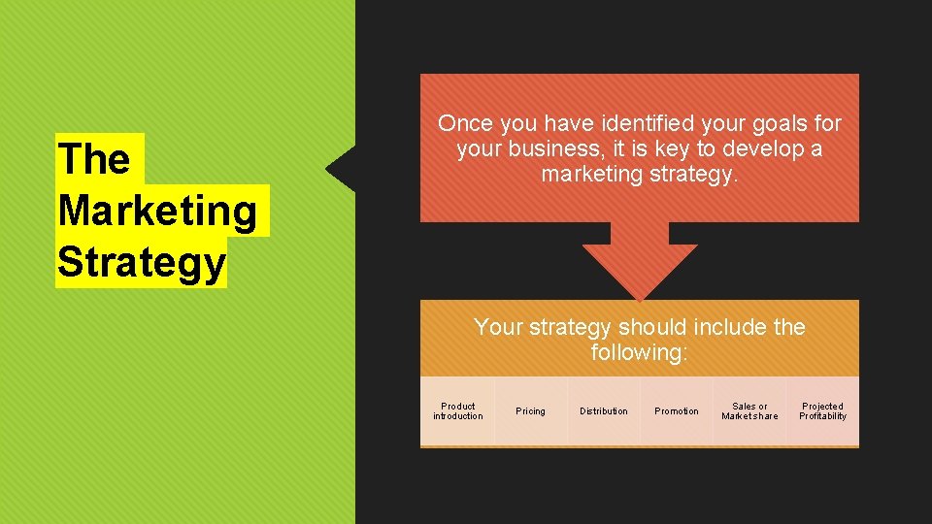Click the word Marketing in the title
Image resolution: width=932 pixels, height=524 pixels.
158,211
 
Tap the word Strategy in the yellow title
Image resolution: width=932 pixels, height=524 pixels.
142,263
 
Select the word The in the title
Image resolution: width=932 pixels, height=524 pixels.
94,159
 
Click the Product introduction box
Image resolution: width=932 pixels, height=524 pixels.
457,411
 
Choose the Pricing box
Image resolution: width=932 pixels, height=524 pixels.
530,411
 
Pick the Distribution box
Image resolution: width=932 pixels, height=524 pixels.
604,411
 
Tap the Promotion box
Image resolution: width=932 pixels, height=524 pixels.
677,411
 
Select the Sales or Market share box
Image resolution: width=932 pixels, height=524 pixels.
749,411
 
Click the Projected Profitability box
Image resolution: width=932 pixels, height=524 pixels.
822,411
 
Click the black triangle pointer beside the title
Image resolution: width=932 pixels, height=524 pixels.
343,169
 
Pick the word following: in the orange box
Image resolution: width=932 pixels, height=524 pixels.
639,352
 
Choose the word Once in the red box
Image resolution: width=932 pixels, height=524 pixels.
466,124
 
